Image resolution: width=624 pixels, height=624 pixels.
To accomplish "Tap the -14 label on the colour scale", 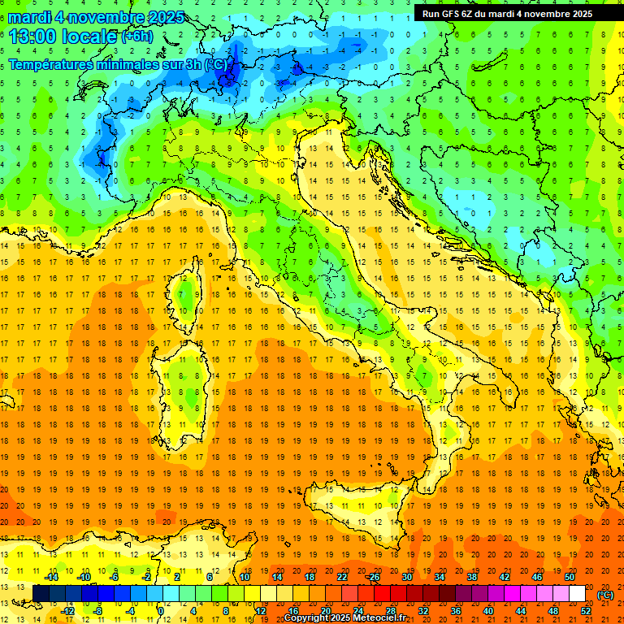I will (52, 577).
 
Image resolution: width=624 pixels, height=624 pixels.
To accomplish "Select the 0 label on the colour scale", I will (161, 610).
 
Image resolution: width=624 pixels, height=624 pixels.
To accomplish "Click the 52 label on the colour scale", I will (586, 610).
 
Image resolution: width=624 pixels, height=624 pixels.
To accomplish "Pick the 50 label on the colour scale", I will (570, 577).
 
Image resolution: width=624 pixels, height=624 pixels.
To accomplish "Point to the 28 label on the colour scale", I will (389, 610).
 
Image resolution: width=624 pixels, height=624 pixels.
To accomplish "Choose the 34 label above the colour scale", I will (439, 577).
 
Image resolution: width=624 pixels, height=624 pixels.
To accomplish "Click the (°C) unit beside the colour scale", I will (605, 594).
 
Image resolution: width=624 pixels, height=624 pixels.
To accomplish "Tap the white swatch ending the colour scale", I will (578, 594).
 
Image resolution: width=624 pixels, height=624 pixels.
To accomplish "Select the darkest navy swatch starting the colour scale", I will (41, 594).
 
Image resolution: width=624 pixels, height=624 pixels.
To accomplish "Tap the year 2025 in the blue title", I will (167, 16).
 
